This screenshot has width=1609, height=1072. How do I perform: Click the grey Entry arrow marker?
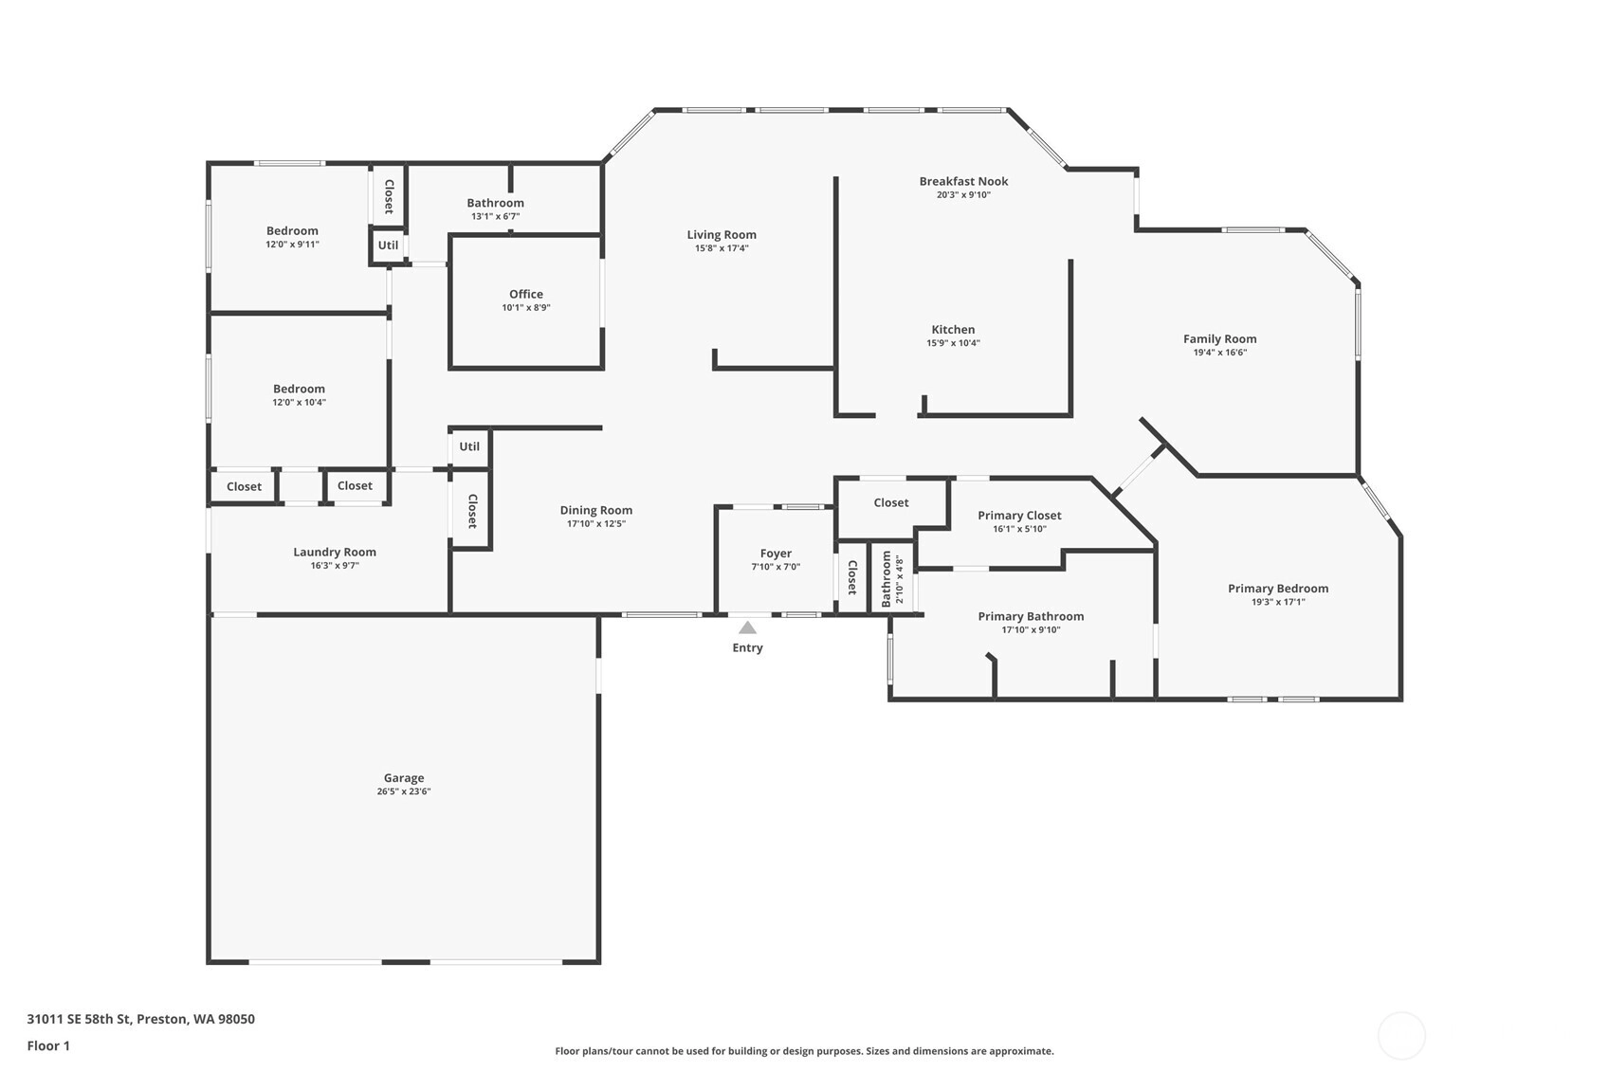pos(748,628)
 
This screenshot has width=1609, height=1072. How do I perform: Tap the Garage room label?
pos(404,777)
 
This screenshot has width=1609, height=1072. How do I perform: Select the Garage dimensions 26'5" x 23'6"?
pos(404,791)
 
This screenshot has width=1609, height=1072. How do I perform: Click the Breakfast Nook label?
pos(963,181)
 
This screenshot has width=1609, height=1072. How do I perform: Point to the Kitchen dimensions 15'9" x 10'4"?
pos(953,343)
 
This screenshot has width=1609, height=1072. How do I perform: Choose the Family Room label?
pos(1219,339)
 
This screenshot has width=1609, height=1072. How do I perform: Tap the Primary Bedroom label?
pos(1278,589)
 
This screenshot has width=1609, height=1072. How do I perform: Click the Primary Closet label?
pos(1019,516)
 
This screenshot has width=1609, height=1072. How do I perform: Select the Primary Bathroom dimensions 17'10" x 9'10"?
pos(1031,629)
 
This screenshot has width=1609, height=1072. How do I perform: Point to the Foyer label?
pos(776,554)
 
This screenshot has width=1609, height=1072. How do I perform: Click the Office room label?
pos(526,295)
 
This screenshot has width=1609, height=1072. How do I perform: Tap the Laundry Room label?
pos(335,553)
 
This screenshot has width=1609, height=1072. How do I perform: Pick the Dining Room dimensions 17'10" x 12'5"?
pos(596,524)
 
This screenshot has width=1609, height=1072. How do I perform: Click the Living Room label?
pos(722,235)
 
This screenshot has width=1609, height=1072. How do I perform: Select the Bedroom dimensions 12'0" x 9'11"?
pos(292,245)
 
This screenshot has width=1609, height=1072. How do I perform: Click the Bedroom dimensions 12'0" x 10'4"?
pos(299,402)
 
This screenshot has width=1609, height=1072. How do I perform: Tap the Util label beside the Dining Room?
pos(469,446)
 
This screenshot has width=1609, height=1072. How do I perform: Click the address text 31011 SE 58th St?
pos(79,1019)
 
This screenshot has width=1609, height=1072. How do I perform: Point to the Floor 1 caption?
pos(48,1046)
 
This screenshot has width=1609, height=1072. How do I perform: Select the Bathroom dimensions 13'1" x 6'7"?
pos(496,216)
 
